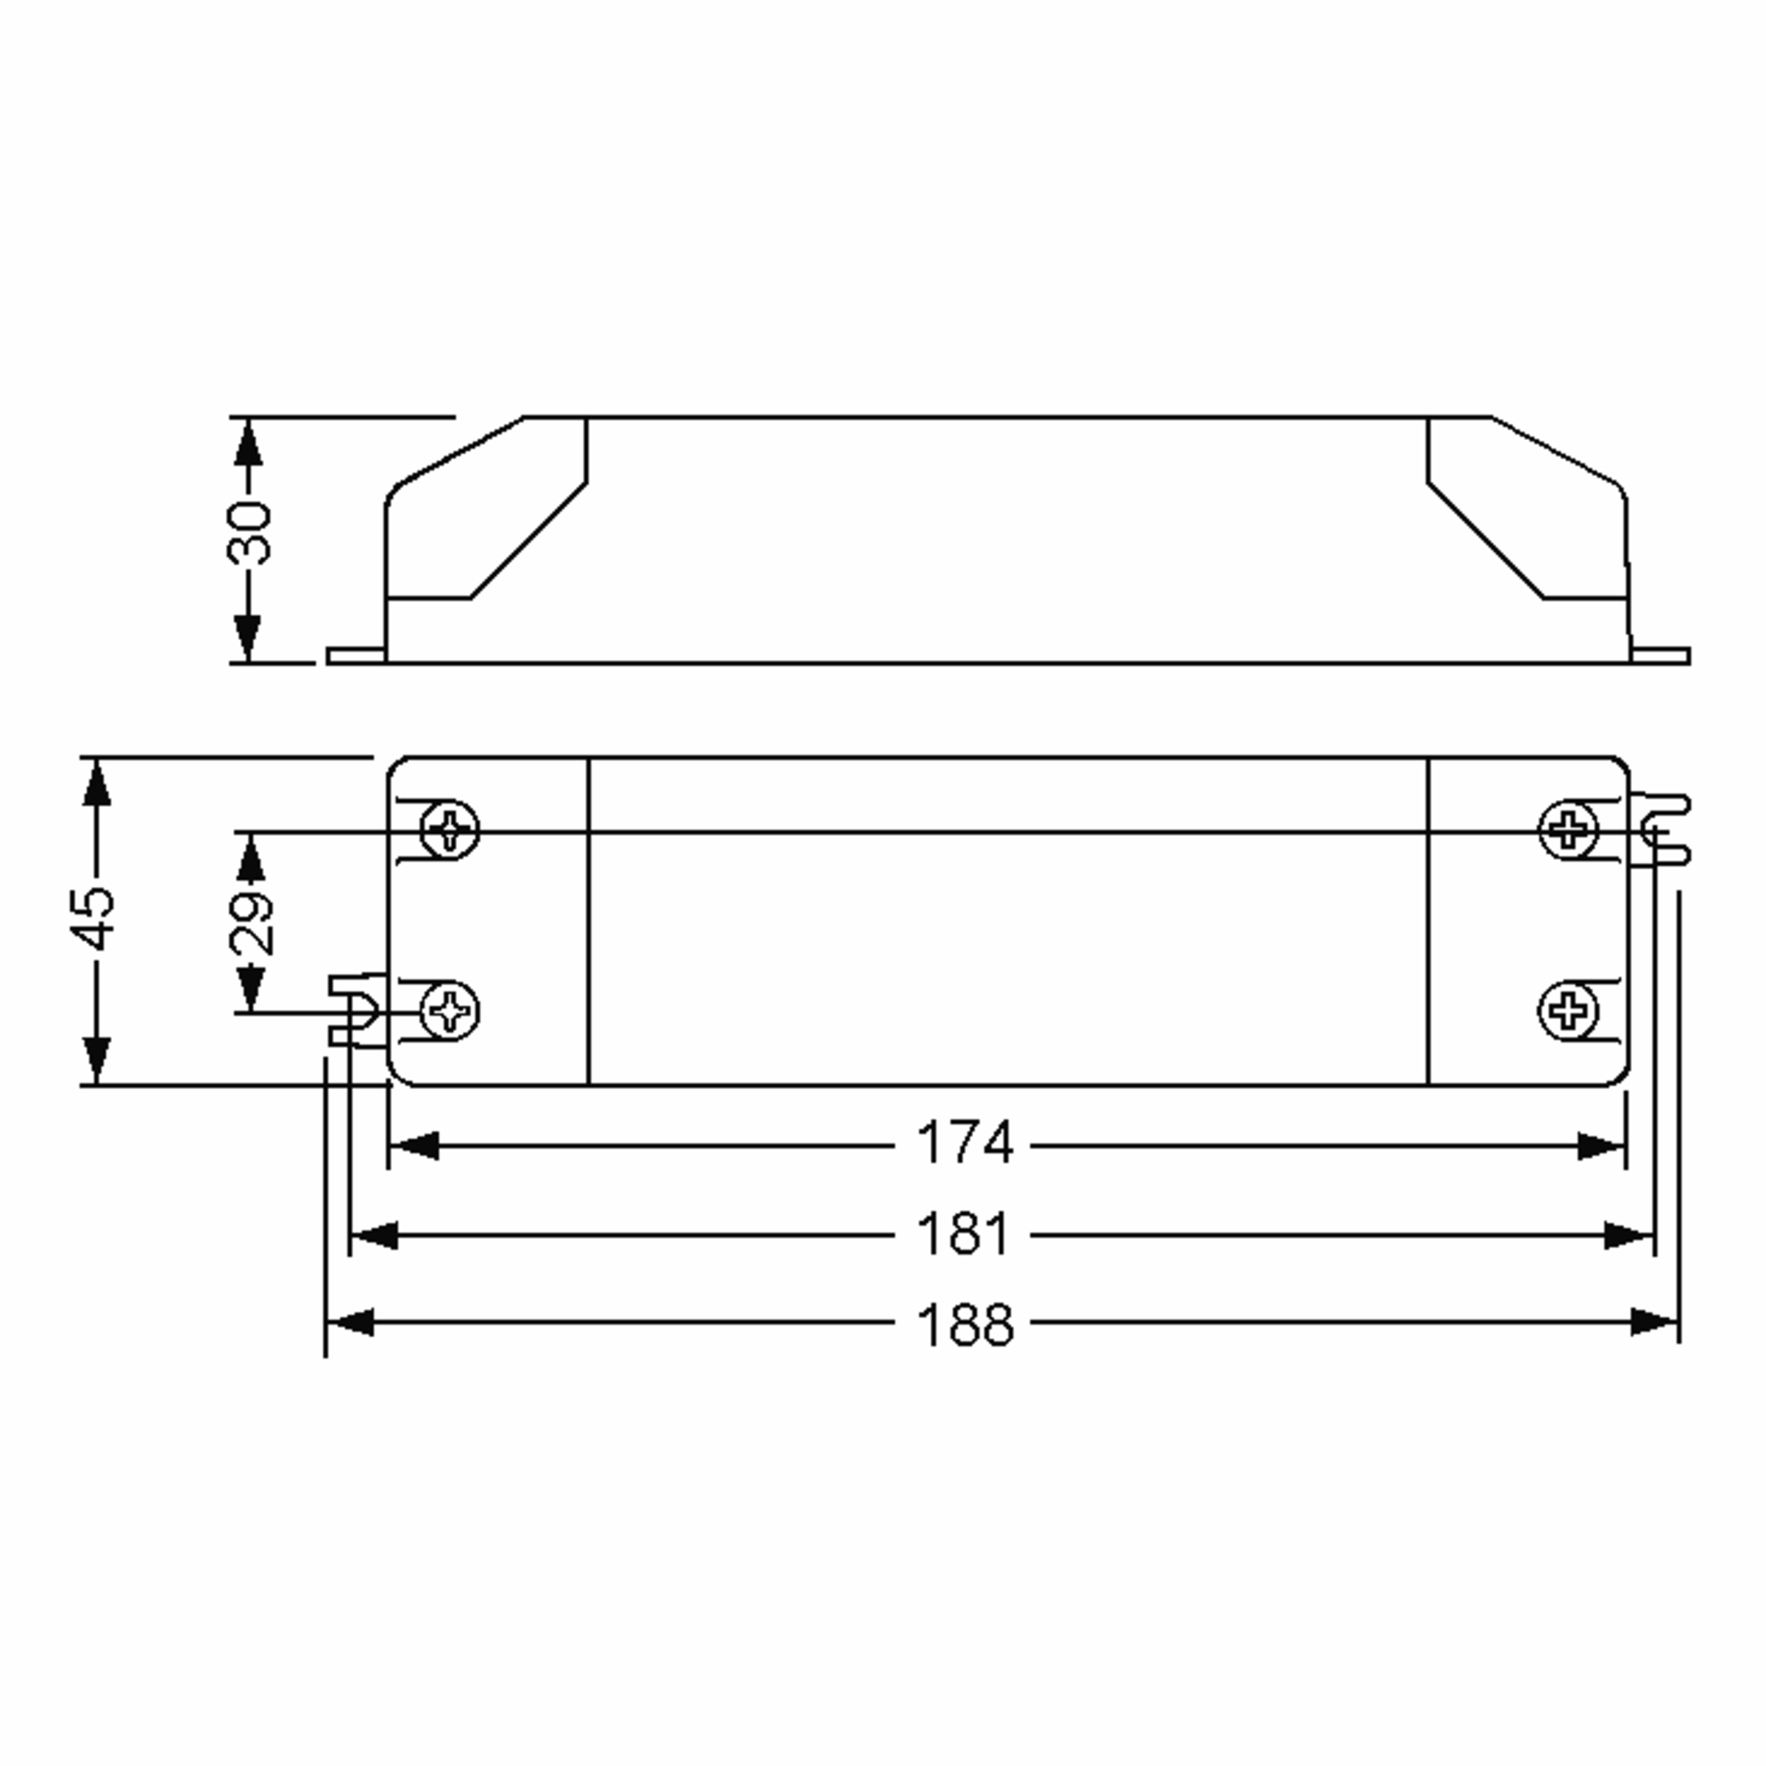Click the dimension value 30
[249, 532]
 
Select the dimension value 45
[95, 918]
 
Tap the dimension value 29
[249, 923]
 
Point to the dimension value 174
[965, 1143]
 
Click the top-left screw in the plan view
[449, 830]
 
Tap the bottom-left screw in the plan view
[449, 1011]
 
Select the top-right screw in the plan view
[1569, 830]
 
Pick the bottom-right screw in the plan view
[1569, 1011]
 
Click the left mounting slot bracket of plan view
[356, 1010]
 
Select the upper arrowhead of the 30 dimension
[248, 443]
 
